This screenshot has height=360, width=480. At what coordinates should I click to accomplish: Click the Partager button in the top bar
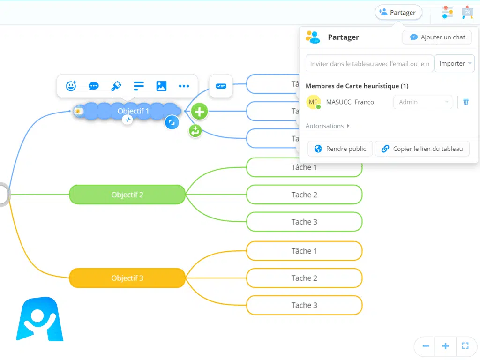398,13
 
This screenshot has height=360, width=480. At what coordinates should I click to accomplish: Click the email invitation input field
369,64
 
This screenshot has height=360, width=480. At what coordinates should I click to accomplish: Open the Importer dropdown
454,64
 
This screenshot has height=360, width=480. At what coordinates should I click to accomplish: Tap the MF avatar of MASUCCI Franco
313,102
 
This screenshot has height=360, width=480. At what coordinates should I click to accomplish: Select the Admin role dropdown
422,102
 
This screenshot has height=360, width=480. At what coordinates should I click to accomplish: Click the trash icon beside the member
466,102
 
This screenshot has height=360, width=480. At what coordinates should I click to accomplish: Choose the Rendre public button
340,149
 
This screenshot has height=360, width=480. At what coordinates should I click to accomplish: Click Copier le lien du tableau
422,149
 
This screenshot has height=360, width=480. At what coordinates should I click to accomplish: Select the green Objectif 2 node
127,195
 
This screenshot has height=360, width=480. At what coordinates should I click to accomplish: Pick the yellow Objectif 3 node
127,278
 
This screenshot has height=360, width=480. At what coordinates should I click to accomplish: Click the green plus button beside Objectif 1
199,112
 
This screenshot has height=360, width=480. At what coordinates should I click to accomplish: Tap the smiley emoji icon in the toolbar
71,86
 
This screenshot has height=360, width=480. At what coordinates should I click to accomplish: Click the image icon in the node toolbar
161,86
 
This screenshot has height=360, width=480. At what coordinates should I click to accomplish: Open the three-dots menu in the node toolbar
184,86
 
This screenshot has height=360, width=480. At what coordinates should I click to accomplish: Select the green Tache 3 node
304,222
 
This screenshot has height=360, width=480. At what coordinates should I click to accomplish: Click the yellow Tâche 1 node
304,251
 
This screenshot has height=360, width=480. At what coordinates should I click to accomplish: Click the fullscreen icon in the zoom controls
465,346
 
